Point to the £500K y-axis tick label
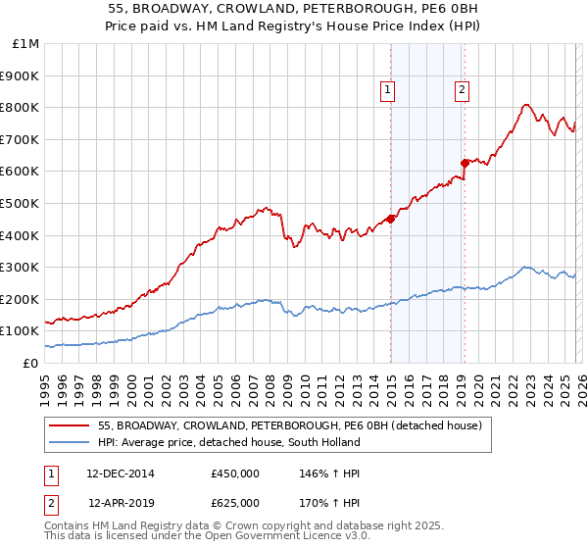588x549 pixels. click(x=21, y=203)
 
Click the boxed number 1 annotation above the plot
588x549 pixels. click(x=388, y=91)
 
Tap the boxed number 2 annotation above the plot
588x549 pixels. click(x=462, y=91)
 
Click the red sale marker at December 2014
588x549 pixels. click(x=390, y=219)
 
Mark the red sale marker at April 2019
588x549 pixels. click(x=465, y=163)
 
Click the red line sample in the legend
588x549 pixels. click(x=70, y=426)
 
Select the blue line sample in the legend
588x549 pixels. click(x=70, y=442)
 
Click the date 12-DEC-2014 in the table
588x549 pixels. click(x=121, y=474)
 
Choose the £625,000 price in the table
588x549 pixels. click(x=235, y=503)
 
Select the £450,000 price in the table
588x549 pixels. click(x=235, y=474)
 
